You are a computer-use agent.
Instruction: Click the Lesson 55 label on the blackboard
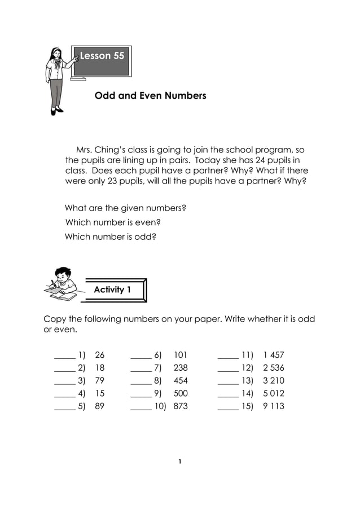(x=102, y=56)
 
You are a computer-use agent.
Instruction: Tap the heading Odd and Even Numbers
(x=150, y=96)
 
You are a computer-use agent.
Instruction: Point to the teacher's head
(x=56, y=54)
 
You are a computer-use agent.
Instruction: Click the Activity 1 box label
(x=112, y=289)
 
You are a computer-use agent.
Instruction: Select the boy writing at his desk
(x=62, y=282)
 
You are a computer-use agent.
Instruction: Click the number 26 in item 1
(x=100, y=356)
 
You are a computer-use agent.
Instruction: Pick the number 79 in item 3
(x=100, y=381)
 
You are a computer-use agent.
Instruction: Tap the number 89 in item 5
(x=100, y=406)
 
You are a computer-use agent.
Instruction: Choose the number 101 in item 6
(x=180, y=356)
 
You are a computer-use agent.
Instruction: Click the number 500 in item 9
(x=181, y=393)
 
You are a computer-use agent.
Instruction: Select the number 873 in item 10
(x=181, y=406)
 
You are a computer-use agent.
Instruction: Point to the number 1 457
(x=274, y=356)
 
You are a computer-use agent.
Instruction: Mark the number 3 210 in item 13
(x=274, y=381)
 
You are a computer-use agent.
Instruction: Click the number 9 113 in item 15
(x=274, y=406)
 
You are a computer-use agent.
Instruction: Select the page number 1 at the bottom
(x=179, y=462)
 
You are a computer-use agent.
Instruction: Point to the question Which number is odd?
(x=110, y=237)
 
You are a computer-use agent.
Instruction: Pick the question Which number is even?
(x=113, y=223)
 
